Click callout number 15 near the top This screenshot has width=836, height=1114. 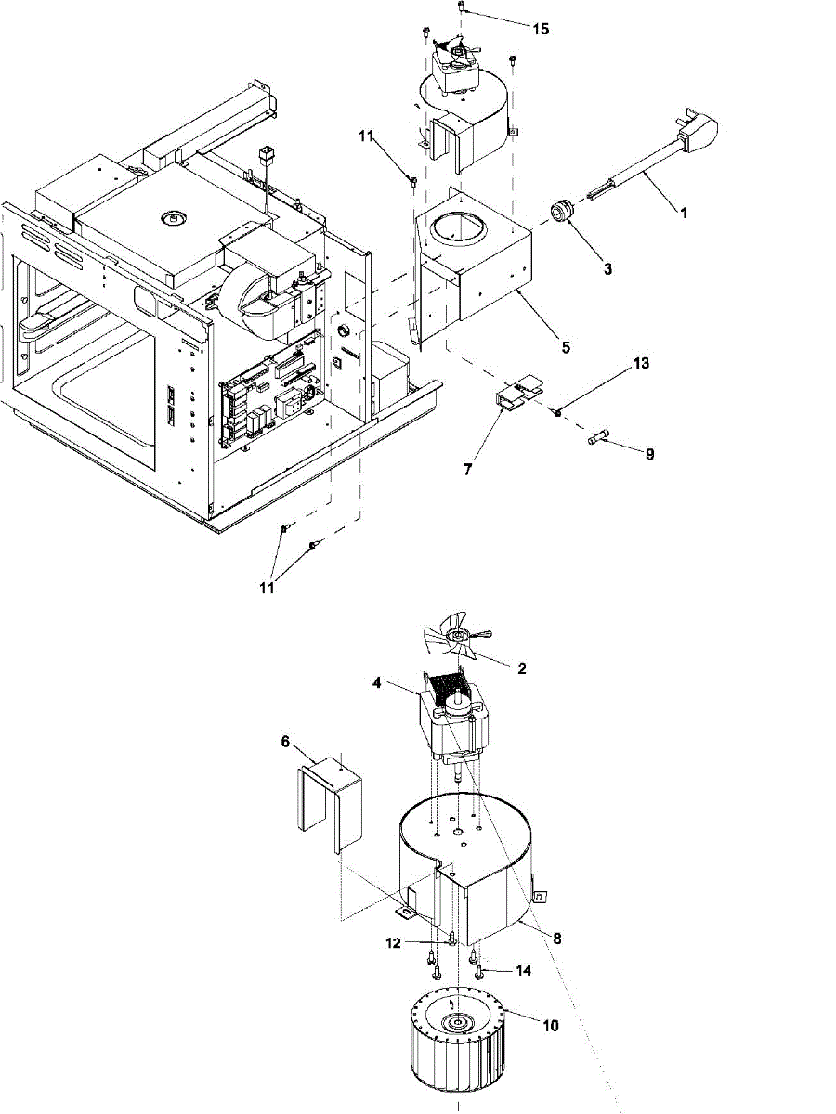[540, 29]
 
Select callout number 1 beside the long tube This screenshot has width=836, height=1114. [683, 213]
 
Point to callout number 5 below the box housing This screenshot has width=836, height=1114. [566, 349]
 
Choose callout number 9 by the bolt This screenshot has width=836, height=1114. [649, 455]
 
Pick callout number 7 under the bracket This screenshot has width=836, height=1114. [467, 471]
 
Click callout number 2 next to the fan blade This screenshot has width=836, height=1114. [522, 668]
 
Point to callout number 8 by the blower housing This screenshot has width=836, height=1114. [556, 939]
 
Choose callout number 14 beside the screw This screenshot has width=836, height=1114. [524, 970]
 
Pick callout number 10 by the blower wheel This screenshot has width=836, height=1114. [551, 1026]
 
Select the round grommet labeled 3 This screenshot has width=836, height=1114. [562, 213]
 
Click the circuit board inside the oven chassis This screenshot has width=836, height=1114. [270, 395]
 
